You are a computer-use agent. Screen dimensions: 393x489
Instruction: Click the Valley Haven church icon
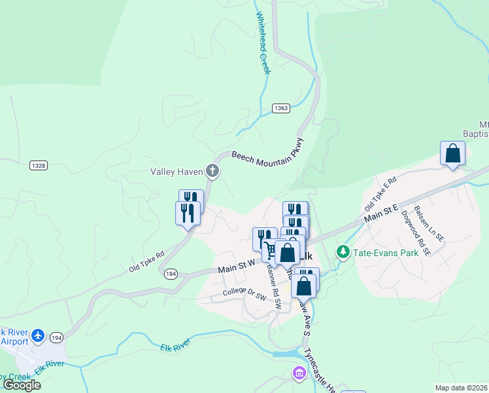click(212, 172)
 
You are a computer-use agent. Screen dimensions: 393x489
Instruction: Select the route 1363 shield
click(281, 108)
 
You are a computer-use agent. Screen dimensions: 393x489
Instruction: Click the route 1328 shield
click(39, 166)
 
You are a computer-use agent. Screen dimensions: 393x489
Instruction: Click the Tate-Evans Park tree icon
click(343, 252)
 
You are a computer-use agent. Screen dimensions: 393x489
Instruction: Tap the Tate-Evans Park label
click(385, 252)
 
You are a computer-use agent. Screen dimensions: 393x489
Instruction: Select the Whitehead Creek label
click(263, 43)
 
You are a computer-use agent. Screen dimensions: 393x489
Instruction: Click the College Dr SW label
click(244, 293)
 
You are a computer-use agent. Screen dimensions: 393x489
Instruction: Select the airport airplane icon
click(37, 335)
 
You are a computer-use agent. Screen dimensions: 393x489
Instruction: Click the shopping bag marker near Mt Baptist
click(452, 155)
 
